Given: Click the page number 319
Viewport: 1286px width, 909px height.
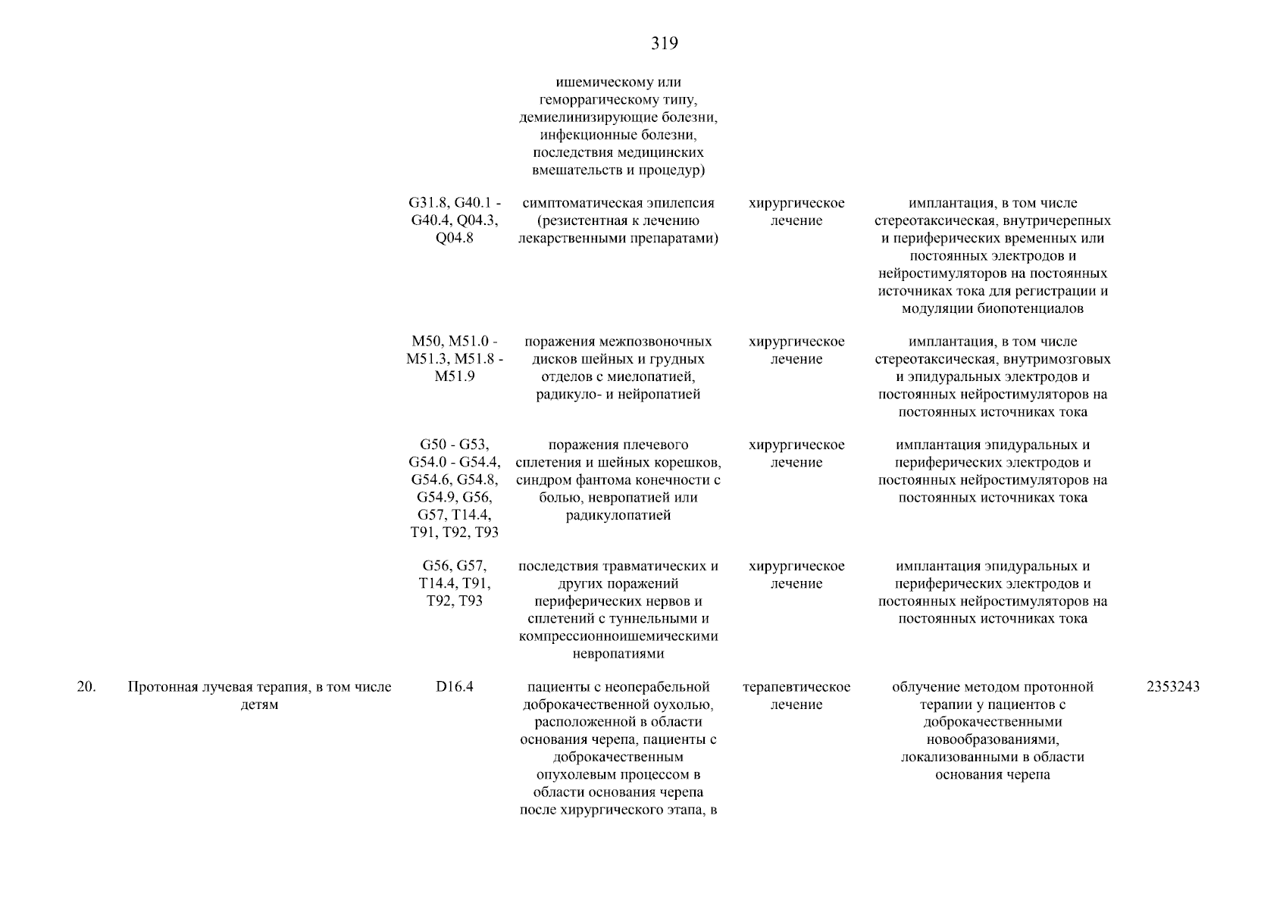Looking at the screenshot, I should [x=665, y=44].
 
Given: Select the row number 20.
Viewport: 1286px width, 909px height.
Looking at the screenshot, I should [x=86, y=687].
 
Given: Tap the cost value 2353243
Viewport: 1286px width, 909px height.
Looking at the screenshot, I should [x=1173, y=687].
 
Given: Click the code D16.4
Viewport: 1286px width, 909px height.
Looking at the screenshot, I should [x=455, y=687].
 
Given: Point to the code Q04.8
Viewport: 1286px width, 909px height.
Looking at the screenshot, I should [x=455, y=238].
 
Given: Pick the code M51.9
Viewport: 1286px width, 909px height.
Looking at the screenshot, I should [x=455, y=376].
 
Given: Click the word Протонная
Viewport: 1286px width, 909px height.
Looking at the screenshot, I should [x=160, y=687].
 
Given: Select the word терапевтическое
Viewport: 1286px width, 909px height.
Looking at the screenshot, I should [x=796, y=687].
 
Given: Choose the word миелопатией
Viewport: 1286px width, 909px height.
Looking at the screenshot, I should [x=656, y=376].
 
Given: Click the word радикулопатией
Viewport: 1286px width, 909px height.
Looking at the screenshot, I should [x=618, y=515].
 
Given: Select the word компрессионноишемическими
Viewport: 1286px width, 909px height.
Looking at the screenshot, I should [x=618, y=636].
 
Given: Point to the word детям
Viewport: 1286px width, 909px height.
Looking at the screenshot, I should [x=260, y=704].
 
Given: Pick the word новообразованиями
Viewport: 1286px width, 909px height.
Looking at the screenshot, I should [x=993, y=739].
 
